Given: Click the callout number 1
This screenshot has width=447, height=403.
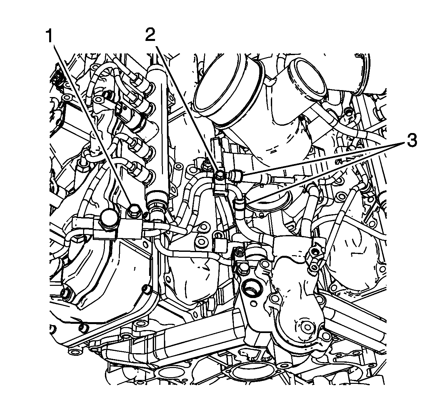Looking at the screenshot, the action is [x=49, y=36].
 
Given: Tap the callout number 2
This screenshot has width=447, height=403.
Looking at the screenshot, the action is [x=150, y=35].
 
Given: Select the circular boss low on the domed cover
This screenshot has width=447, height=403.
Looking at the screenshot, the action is [x=307, y=327].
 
